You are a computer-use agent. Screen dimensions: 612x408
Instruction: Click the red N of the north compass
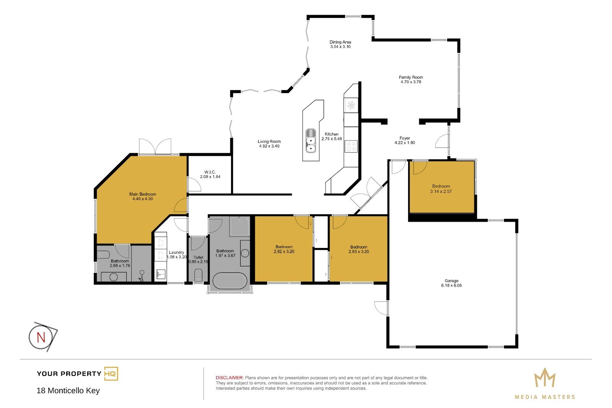point(41,338)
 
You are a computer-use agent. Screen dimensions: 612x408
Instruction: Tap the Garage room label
point(451,281)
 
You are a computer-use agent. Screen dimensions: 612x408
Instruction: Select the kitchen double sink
point(311,140)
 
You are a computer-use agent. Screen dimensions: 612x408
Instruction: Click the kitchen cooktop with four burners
point(351,146)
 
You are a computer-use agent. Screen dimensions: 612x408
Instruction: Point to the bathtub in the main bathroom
point(230,281)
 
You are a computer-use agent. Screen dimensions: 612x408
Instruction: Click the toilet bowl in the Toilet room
point(198,275)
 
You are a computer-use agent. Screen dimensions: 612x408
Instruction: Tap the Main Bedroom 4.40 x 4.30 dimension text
point(143,199)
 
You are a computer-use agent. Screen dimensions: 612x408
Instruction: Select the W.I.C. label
point(210,172)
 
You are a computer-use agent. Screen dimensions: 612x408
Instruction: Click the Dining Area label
point(340,42)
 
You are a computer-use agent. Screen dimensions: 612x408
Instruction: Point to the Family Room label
point(411,77)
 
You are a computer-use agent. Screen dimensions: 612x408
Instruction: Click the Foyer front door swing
point(441,141)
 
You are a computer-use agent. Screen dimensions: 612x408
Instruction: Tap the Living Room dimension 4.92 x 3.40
point(269,146)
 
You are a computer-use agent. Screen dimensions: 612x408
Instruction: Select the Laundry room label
point(176,252)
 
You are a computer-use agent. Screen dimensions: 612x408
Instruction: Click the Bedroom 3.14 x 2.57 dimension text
point(441,191)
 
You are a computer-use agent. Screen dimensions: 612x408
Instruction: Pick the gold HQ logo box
point(111,374)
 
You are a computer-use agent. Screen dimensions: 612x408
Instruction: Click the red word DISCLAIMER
point(229,378)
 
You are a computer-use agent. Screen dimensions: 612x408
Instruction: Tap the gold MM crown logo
point(545,378)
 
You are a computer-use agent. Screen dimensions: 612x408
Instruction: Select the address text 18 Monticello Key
point(68,390)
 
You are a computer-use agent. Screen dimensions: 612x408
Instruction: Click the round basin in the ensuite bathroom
point(114,277)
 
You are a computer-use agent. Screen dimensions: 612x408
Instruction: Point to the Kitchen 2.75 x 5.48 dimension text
point(331,139)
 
